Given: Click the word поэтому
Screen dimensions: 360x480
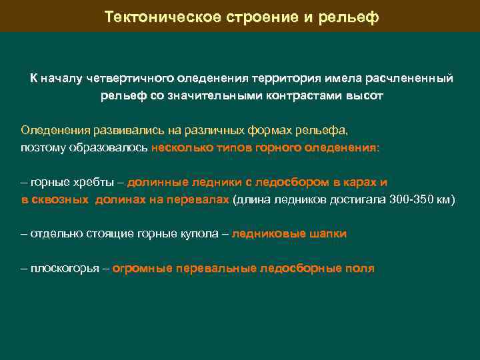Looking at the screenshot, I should pos(43,147).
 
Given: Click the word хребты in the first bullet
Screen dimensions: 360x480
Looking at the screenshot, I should pos(93,182).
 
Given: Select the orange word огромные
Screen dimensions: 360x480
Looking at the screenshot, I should pos(141,269).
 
